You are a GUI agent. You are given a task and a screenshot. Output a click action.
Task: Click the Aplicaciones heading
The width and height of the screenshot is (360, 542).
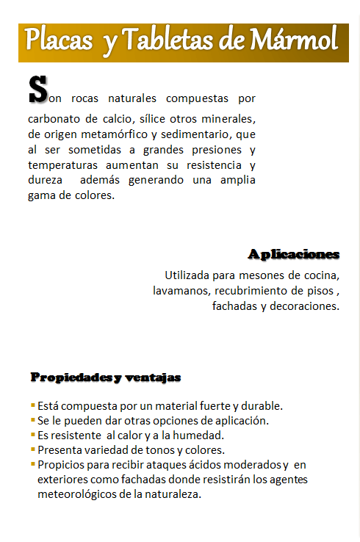point(294,254)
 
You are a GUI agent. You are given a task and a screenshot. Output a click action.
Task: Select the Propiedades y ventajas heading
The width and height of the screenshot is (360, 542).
point(105,377)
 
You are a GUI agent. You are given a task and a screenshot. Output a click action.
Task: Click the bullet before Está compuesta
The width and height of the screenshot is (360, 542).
point(33,405)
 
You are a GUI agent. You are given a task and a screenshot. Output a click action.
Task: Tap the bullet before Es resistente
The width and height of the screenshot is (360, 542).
point(33,434)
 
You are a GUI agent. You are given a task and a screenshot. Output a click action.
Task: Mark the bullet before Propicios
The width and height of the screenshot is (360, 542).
point(33,464)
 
